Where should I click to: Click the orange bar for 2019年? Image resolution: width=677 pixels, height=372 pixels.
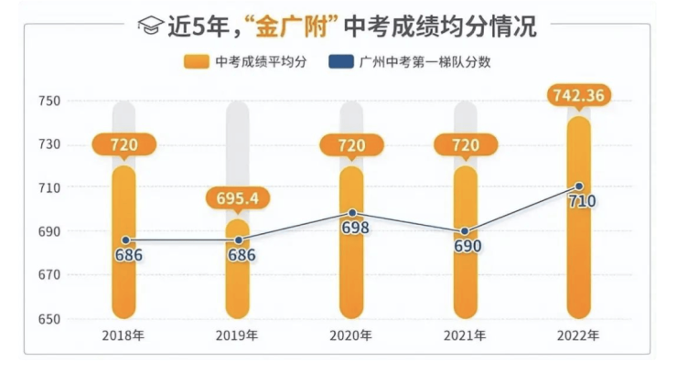point(238,274)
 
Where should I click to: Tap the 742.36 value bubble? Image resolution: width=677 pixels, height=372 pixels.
point(579,94)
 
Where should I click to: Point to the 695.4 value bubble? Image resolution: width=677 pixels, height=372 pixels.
point(238,198)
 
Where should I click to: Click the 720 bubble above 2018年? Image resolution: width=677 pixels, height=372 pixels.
point(124,144)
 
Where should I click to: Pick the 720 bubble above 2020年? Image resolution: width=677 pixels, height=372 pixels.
point(352,144)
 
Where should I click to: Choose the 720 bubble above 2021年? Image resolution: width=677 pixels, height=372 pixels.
point(466,144)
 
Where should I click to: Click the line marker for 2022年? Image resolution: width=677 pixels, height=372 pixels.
point(579,186)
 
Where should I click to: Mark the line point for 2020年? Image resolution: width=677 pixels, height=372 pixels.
point(352,213)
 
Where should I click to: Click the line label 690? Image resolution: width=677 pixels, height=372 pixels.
point(467,246)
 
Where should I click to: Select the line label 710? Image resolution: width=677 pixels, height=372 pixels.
point(581,201)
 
